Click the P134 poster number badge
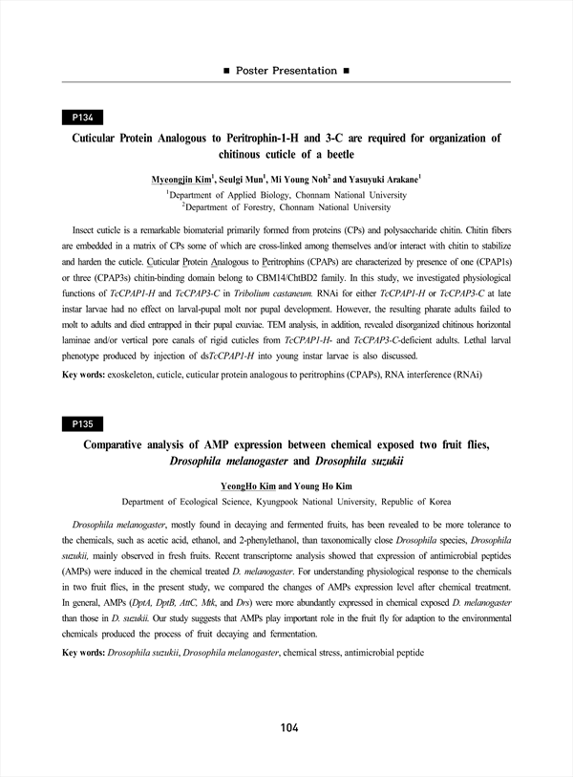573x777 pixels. click(82, 118)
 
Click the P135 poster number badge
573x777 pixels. click(82, 423)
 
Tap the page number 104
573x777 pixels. click(289, 728)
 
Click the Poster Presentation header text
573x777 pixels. click(286, 71)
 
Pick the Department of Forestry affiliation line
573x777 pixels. click(286, 205)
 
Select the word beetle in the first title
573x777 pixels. click(334, 154)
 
